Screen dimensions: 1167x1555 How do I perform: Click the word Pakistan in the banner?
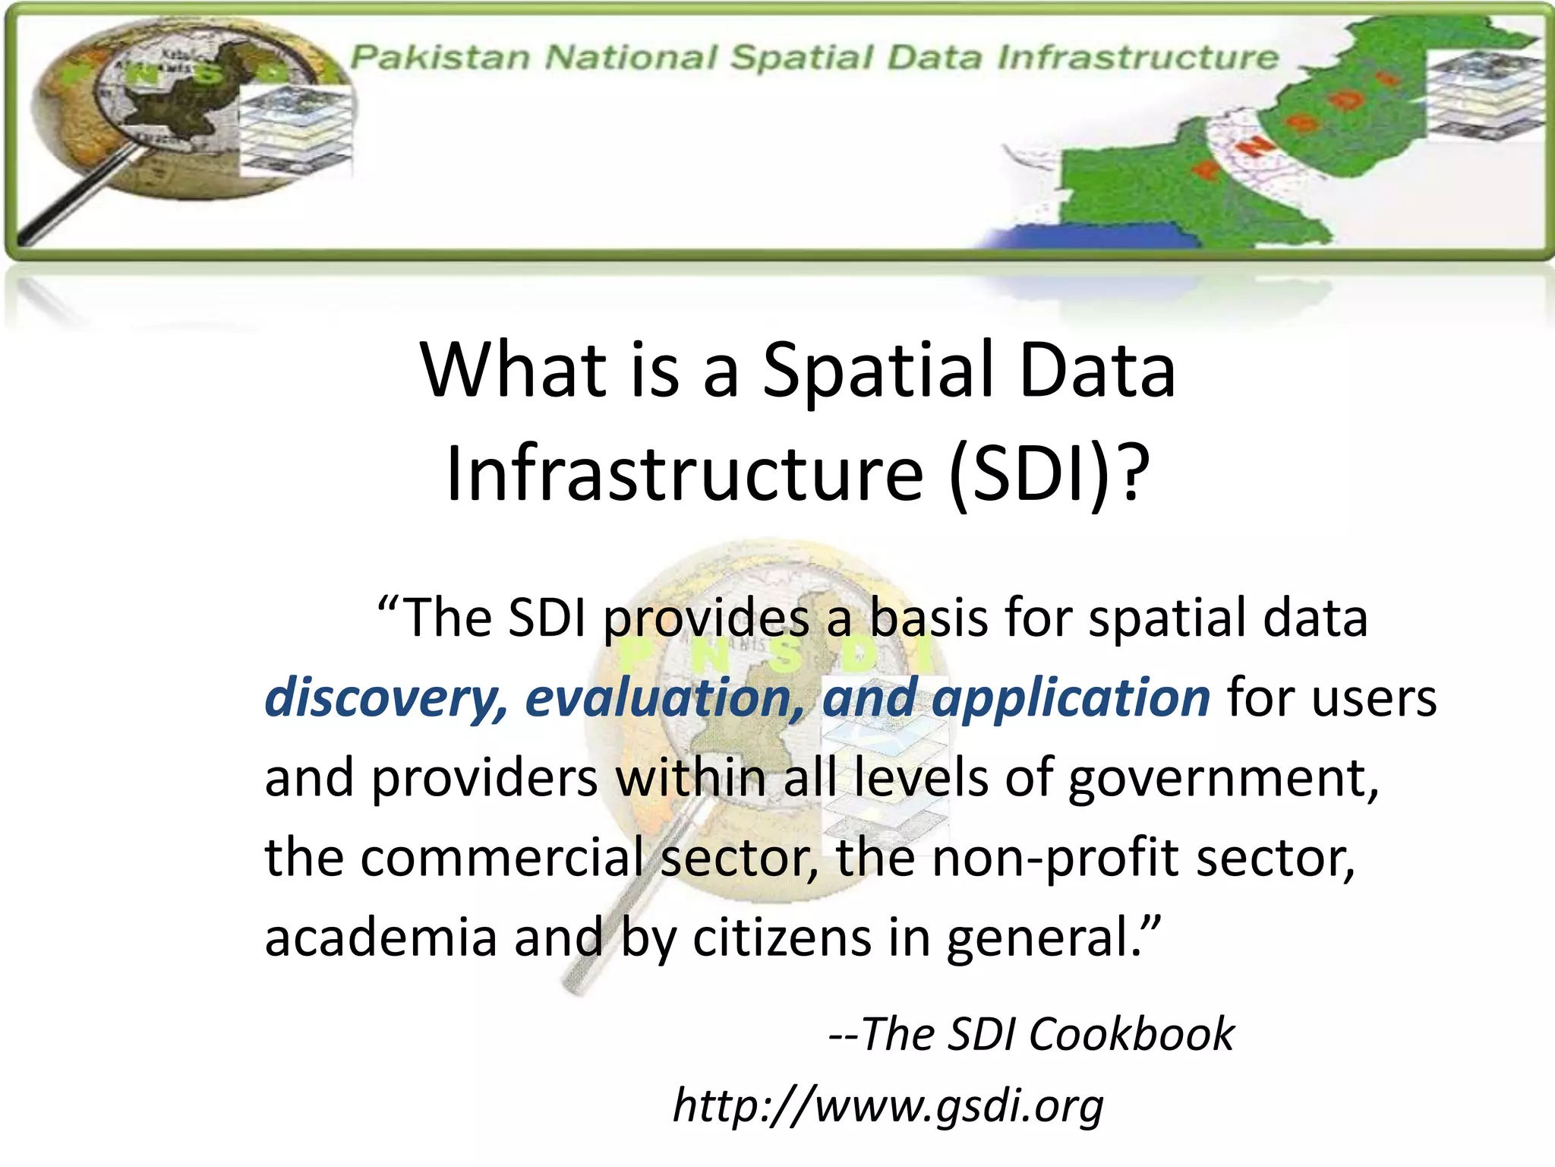[x=440, y=58]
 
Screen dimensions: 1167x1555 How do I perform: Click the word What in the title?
[x=513, y=371]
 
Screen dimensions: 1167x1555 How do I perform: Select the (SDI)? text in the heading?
[x=1048, y=475]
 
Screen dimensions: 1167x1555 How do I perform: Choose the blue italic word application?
[x=1070, y=698]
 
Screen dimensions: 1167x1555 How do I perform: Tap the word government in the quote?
[x=1222, y=779]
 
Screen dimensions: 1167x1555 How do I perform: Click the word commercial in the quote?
[x=501, y=858]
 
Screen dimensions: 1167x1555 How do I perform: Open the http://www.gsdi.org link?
[x=888, y=1106]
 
